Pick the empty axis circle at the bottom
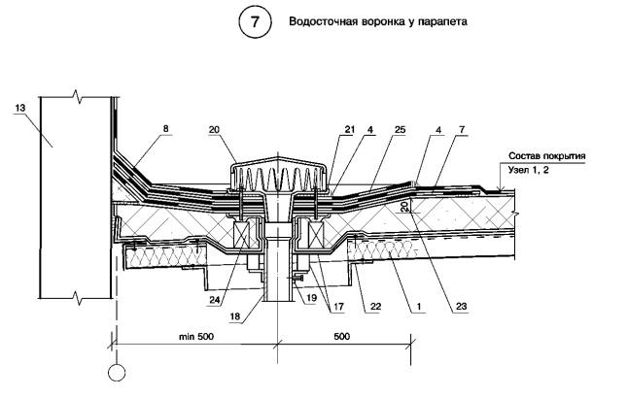[x=114, y=371]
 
